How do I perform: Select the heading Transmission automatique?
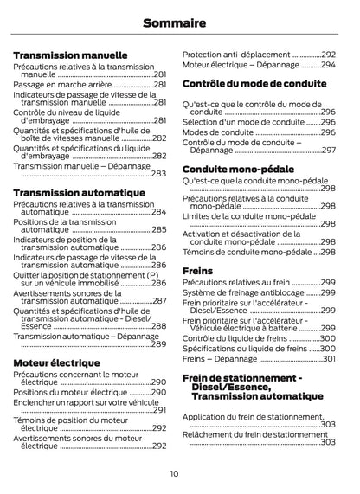(79, 192)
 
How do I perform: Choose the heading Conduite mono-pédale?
(238, 170)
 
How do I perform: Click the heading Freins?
(197, 271)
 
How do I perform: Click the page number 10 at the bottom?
(174, 473)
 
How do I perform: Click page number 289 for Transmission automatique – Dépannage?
(158, 344)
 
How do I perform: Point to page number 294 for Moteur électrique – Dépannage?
(327, 65)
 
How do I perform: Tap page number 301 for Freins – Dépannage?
(328, 358)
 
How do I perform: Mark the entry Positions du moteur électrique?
(70, 392)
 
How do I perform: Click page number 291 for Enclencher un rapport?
(158, 410)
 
